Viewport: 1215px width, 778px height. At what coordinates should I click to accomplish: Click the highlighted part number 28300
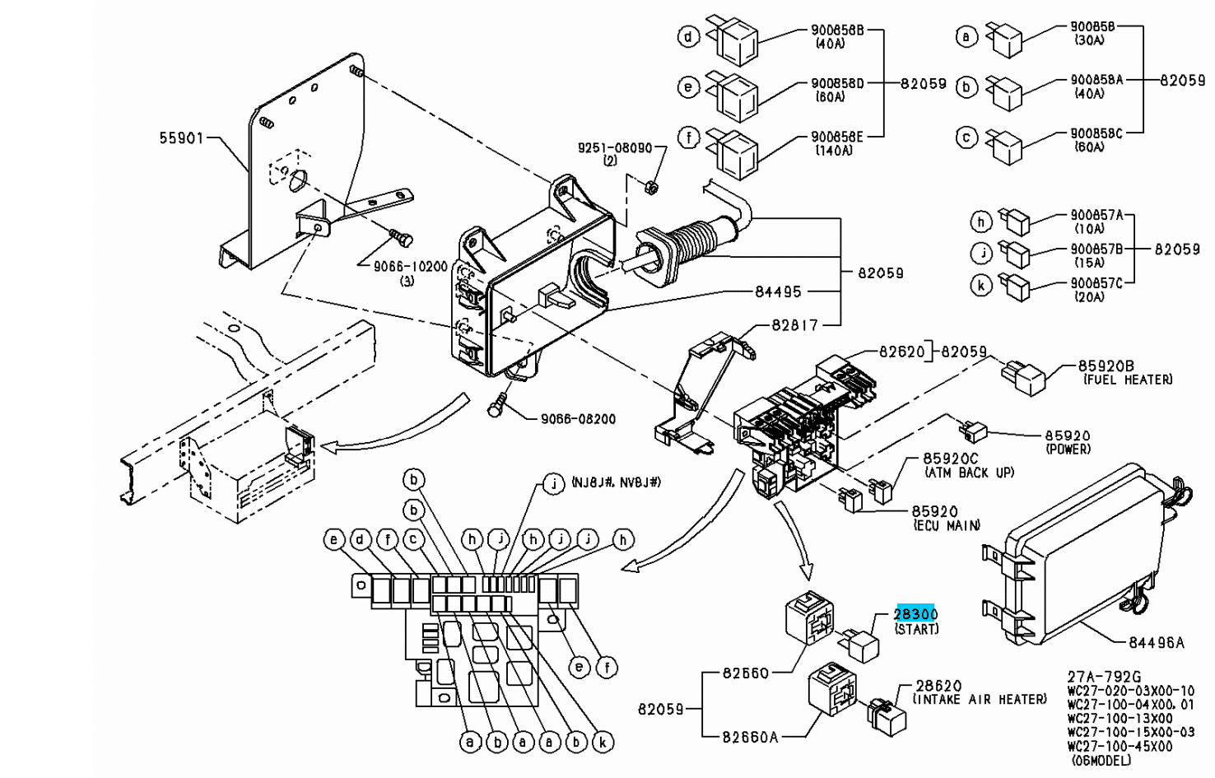point(915,614)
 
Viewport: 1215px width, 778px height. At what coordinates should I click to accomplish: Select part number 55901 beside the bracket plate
point(181,139)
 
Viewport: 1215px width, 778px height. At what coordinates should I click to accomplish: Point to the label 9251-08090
point(614,148)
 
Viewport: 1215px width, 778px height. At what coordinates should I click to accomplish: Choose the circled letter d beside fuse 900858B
point(688,36)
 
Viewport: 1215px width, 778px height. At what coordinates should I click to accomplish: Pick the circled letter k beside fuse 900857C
point(981,286)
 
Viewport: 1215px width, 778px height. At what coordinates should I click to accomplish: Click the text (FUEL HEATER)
point(1127,380)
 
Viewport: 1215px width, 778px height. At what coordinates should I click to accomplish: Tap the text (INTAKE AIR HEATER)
point(980,699)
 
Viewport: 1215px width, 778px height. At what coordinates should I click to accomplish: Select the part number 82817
point(794,325)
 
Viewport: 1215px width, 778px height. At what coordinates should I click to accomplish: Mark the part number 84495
point(778,291)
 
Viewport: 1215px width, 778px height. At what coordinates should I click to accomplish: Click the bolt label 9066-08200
point(578,419)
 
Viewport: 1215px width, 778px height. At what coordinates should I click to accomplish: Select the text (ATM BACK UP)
point(969,473)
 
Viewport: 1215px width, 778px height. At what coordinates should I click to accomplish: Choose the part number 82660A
point(750,737)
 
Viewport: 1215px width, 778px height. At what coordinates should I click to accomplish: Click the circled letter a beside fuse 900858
point(966,36)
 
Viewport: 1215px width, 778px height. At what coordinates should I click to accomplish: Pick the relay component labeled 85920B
point(1023,376)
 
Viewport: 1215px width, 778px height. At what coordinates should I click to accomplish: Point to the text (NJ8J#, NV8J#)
point(616,482)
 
